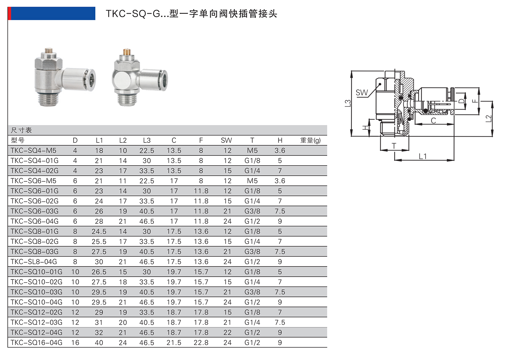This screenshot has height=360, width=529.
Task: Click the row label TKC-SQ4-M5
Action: (33, 151)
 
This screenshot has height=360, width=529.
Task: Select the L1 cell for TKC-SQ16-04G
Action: (99, 342)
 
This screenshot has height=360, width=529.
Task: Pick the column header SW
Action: (226, 140)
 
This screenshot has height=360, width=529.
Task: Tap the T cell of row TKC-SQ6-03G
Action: (252, 211)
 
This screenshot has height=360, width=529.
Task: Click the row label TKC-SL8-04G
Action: (34, 262)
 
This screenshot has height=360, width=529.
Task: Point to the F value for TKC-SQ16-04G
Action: (201, 342)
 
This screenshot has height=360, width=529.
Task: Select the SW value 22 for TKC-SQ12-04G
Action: (227, 332)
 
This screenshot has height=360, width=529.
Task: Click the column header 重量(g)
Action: (310, 140)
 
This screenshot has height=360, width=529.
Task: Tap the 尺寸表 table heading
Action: (21, 130)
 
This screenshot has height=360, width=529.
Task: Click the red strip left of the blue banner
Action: (9, 13)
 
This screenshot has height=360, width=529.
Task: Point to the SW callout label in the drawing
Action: (362, 92)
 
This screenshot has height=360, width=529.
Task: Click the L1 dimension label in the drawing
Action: (423, 156)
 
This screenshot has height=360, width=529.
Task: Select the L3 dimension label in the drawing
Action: (348, 103)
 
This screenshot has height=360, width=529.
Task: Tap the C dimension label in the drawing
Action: (433, 120)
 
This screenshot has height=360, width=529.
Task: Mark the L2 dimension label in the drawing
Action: (489, 118)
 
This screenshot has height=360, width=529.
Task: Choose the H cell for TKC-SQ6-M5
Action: (280, 181)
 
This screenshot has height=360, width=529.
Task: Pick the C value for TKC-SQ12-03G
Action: (174, 322)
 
